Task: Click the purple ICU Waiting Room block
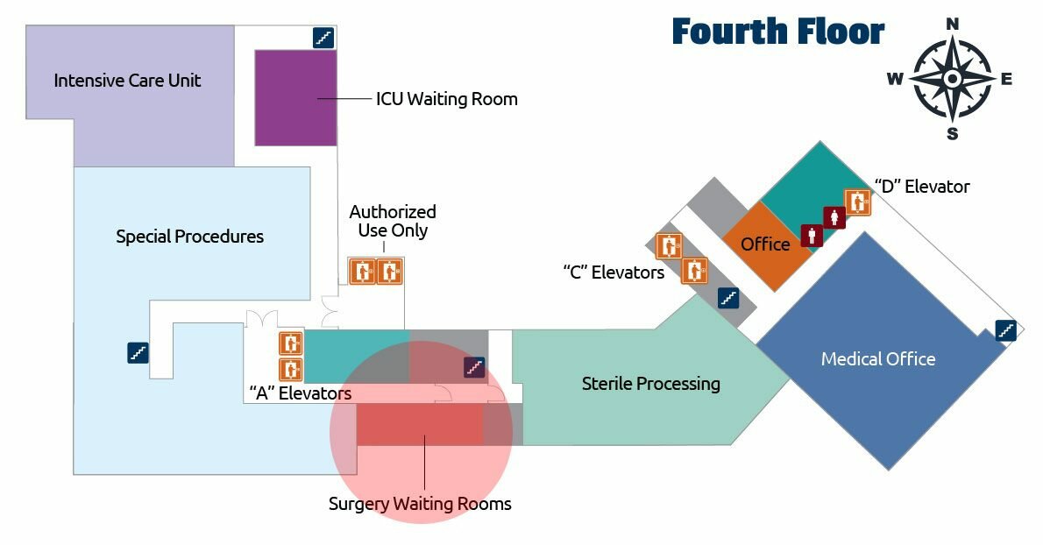296,97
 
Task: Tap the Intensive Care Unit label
127,81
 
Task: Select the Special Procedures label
189,237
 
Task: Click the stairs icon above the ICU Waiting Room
323,38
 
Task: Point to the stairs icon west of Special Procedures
138,352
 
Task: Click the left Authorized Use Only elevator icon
362,272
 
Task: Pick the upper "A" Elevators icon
290,343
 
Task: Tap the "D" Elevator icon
856,202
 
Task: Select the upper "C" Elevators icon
670,247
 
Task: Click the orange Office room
764,244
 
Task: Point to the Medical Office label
877,359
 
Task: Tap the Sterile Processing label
650,384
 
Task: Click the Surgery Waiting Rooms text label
420,504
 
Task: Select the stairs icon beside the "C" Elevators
727,298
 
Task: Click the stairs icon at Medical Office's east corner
1005,330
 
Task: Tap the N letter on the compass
953,24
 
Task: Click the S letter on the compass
953,134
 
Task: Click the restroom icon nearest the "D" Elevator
834,217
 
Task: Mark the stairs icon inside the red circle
474,367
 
